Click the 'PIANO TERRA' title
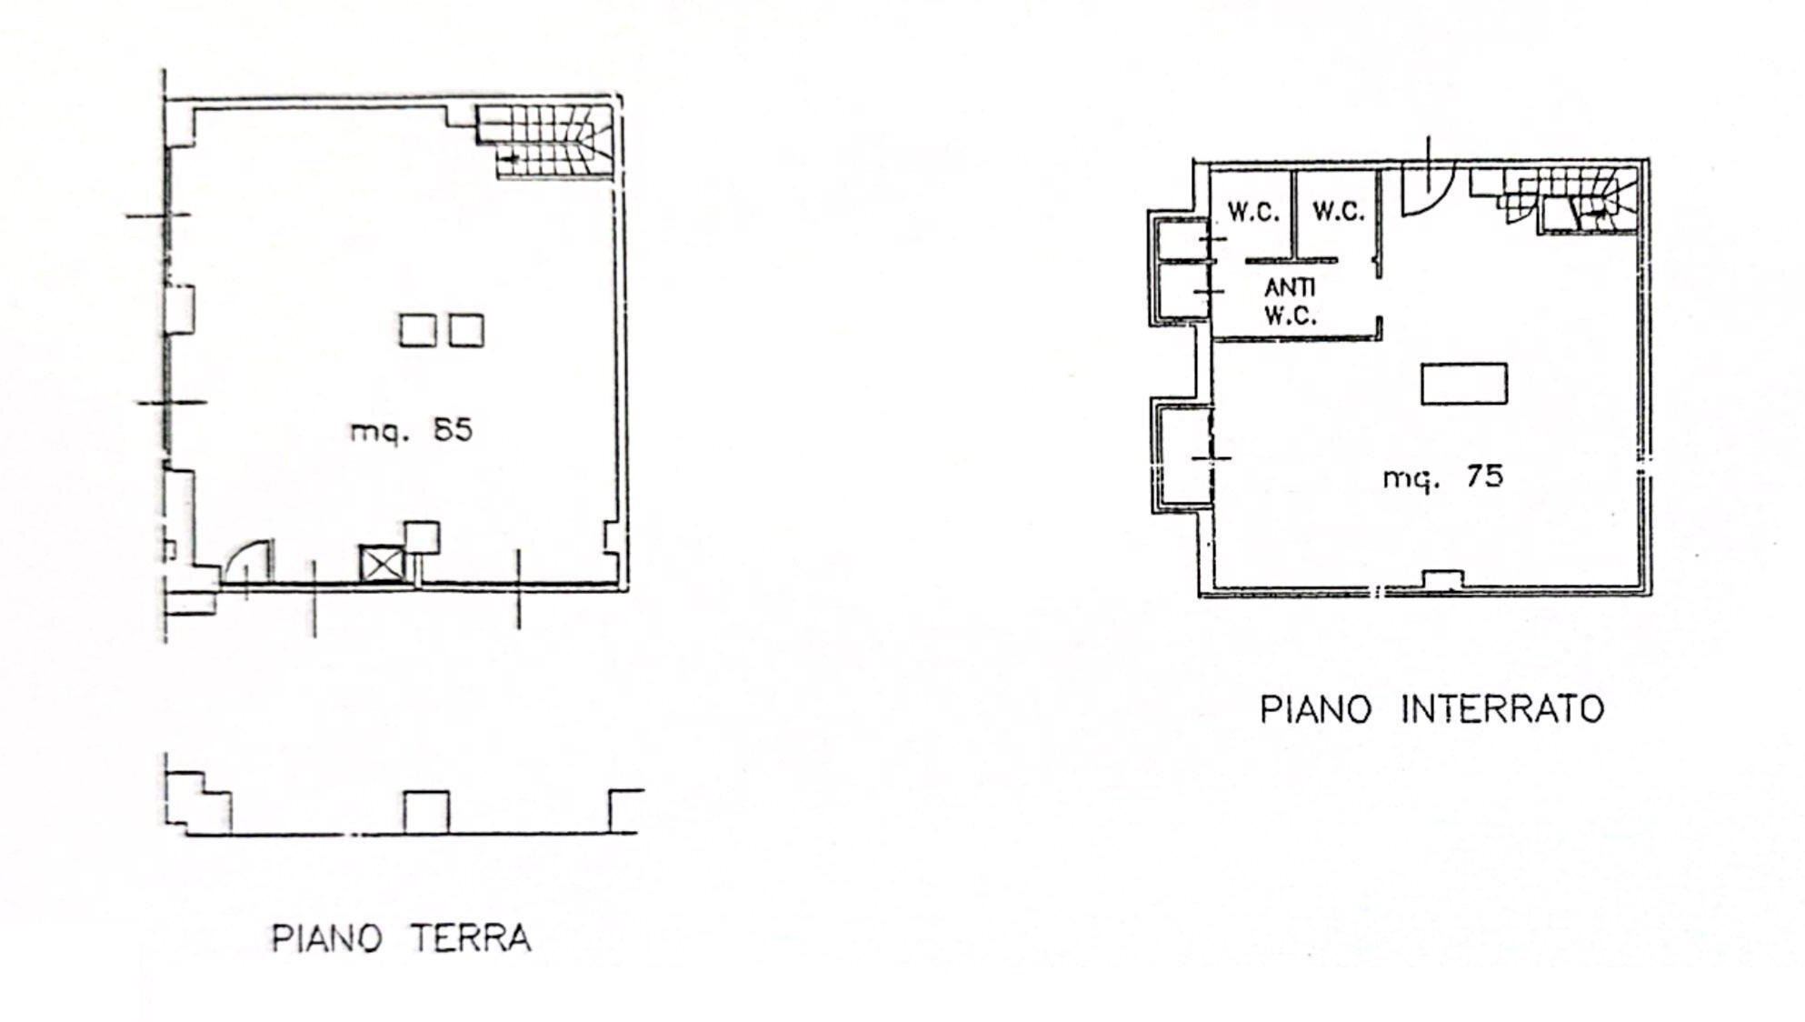coord(401,938)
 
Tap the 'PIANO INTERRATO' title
coord(1431,709)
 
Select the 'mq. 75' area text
coord(1442,476)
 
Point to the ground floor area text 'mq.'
coord(376,430)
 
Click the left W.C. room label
coord(1252,212)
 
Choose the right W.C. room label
coord(1338,212)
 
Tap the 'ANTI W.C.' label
coord(1290,302)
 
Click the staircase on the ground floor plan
coord(545,142)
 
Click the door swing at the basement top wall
coord(1427,187)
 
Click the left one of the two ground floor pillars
coord(417,330)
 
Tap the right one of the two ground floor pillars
coord(466,330)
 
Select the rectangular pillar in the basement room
coord(1463,384)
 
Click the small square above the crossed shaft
coord(421,536)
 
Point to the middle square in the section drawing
coord(425,812)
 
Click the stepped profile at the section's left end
coord(198,800)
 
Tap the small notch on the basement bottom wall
coord(1442,578)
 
